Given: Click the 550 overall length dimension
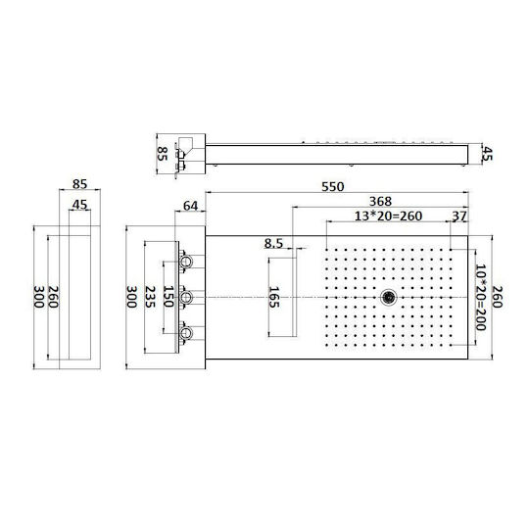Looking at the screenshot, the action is (333, 186).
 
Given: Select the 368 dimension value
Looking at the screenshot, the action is (380, 201).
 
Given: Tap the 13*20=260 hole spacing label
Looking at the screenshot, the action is (388, 216).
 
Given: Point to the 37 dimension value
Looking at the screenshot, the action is (459, 216).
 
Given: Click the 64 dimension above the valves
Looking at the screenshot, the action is (190, 206).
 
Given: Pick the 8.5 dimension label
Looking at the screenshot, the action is (273, 243).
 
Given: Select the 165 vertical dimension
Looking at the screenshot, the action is (274, 297).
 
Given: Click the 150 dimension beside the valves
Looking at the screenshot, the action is (168, 297).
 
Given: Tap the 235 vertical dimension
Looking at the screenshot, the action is (150, 297).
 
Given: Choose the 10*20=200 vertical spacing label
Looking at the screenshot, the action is (480, 297).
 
